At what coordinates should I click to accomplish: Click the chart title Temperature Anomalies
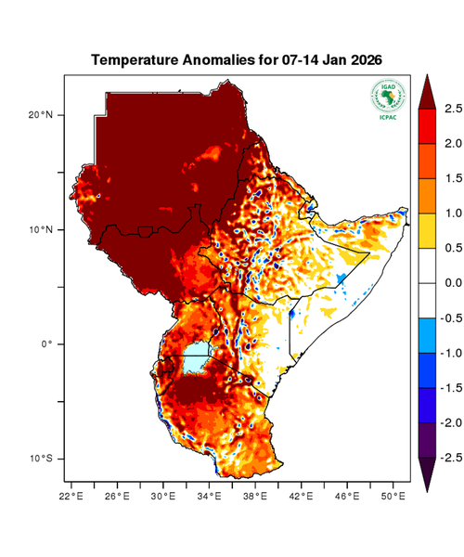237,60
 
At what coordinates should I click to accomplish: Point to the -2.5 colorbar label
448,458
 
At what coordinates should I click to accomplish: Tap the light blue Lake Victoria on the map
195,357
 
